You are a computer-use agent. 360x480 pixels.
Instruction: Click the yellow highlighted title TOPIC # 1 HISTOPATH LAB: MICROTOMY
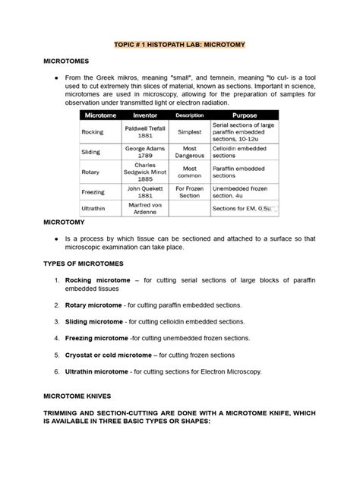click(179, 46)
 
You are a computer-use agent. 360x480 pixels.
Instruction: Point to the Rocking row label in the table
click(92, 131)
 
